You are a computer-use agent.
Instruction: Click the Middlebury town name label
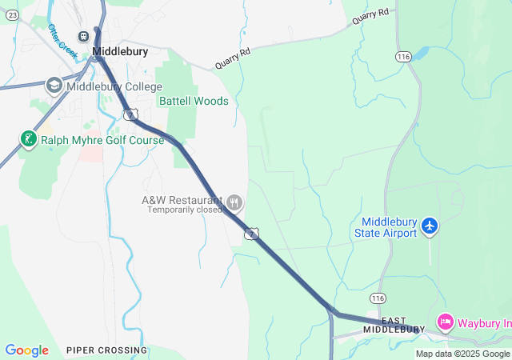click(x=120, y=51)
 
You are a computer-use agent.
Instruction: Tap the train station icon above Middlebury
click(x=83, y=36)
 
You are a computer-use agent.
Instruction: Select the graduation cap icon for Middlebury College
click(x=54, y=86)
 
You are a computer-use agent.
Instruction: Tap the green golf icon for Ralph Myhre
click(x=29, y=140)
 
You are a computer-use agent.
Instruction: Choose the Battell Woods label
click(x=194, y=102)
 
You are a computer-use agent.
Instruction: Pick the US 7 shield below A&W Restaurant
click(x=252, y=233)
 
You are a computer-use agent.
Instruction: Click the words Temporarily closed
click(x=183, y=210)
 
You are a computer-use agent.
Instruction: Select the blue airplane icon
click(x=430, y=226)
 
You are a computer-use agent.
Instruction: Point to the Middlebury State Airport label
click(x=389, y=227)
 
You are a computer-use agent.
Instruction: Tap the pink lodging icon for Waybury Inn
click(x=445, y=322)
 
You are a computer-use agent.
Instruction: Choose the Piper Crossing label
click(x=106, y=350)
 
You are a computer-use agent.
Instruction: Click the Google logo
click(x=26, y=350)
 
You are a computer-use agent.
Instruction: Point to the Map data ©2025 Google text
click(x=462, y=354)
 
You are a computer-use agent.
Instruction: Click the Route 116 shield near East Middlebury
click(x=378, y=297)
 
